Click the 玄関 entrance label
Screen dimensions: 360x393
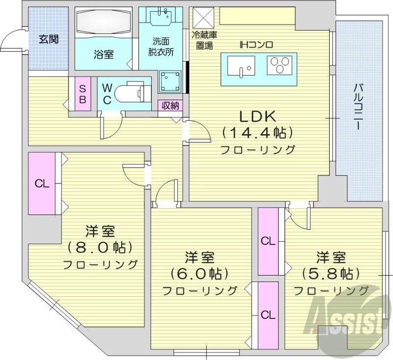(49, 39)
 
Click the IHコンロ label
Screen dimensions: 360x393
(256, 45)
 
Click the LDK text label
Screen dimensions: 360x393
(258, 116)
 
